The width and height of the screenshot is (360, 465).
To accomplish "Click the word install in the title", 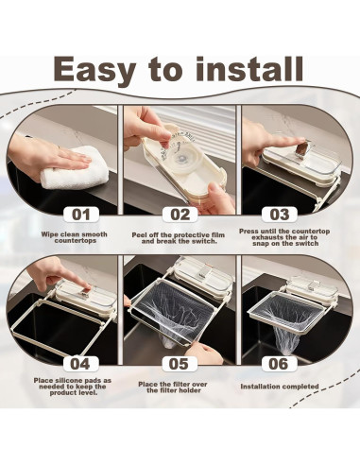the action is point(249,68).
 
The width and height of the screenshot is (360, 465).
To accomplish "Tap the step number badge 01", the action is point(81,215).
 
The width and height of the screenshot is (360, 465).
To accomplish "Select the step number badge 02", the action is point(180,215).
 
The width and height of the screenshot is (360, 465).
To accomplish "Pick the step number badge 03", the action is point(280,215).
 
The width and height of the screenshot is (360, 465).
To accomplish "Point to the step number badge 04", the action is point(80,364).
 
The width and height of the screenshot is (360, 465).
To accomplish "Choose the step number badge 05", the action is point(180,364).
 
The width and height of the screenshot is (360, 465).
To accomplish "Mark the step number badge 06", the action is point(279,364).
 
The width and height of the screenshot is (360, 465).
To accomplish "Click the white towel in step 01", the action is point(76,167).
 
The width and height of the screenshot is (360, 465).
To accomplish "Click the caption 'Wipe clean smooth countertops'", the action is point(75,237).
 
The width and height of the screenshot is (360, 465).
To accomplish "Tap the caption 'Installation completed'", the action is point(280,387).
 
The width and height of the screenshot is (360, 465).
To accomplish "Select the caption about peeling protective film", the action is point(179,238).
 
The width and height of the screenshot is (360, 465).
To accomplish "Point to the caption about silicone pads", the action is point(73,387).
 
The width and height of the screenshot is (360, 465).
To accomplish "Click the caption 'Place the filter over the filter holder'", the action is point(173,387).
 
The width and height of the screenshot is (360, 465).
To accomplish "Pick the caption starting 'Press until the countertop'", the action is point(284,237).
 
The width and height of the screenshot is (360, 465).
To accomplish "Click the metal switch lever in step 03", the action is point(302,149).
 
